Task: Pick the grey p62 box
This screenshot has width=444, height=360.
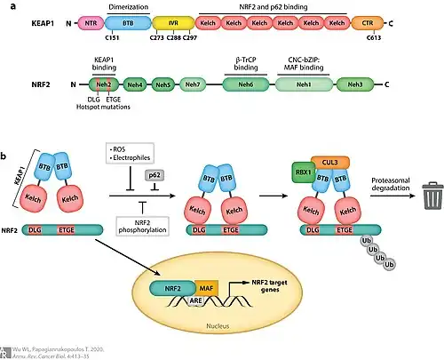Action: point(154,177)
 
